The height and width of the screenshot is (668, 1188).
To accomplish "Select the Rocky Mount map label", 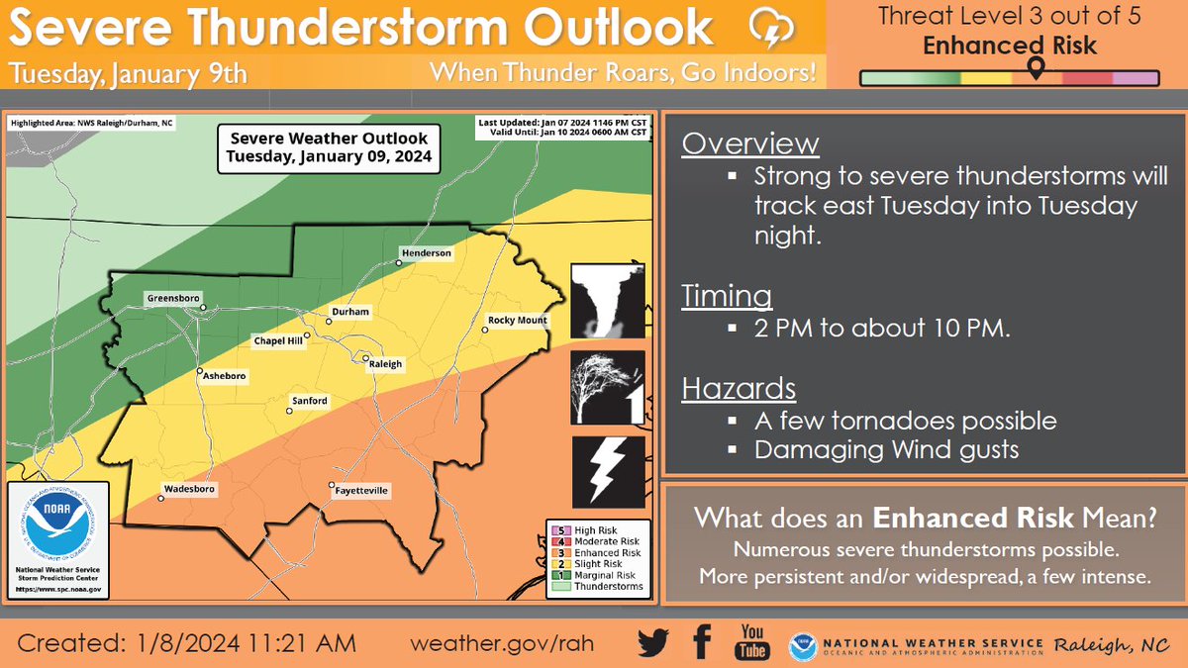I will (517, 321).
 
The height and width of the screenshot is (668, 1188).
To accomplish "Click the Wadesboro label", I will (187, 489).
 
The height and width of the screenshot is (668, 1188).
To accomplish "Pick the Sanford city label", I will (309, 401).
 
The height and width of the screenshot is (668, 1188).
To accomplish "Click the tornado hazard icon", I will (608, 302).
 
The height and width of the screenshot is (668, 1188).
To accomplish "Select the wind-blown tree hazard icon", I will (608, 388).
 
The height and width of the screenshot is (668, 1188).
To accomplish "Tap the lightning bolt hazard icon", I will (608, 472).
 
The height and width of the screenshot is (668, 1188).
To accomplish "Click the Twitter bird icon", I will (653, 643).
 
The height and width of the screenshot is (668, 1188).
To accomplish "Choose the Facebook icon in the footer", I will (702, 643).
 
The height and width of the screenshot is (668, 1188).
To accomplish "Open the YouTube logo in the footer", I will (751, 643).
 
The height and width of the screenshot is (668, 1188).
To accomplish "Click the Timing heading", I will (728, 297).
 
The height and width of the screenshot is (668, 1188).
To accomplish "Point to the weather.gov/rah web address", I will (504, 643).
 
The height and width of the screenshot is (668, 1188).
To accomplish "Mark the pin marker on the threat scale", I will (1036, 67).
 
